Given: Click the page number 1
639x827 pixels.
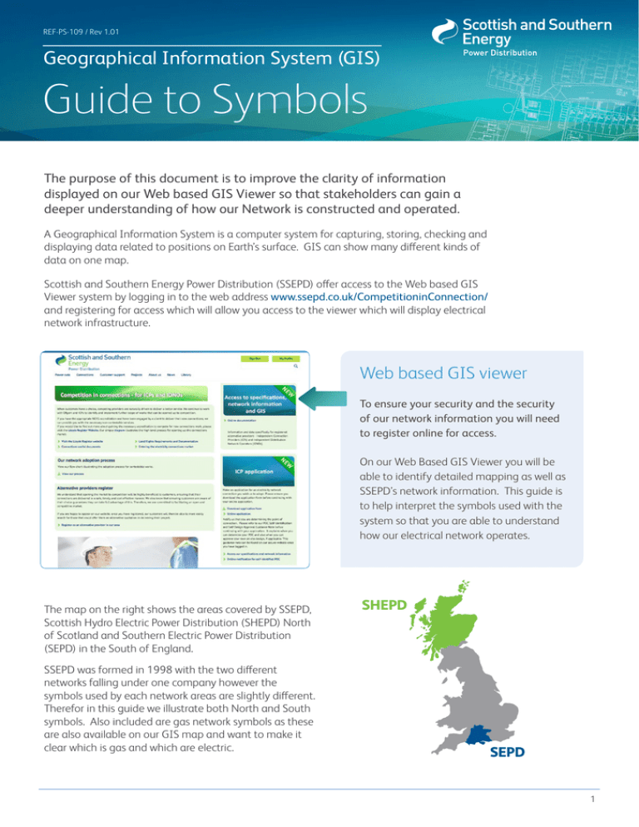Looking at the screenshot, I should click(611, 803).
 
